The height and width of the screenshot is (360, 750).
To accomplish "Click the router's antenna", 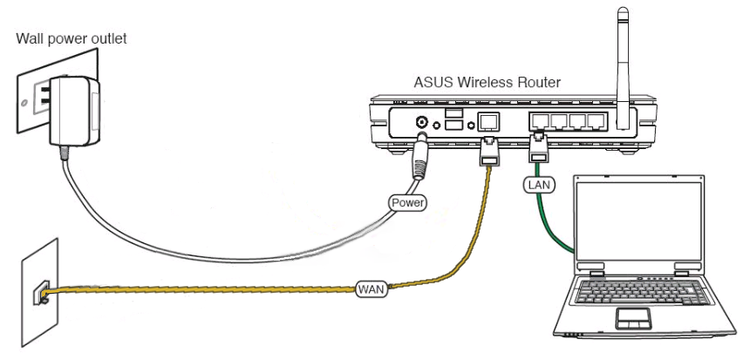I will point(623,61).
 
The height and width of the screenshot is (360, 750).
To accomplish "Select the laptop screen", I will point(651,222).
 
